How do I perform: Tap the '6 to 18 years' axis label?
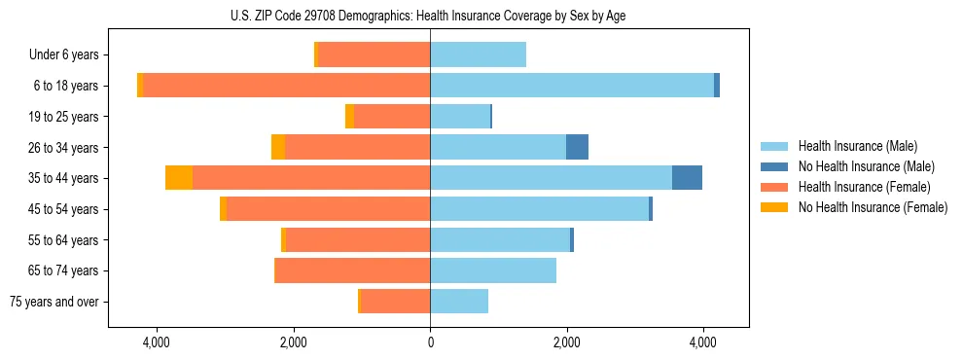pyautogui.click(x=66, y=86)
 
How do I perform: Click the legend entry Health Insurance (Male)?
pyautogui.click(x=857, y=146)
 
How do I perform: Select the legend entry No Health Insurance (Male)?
pyautogui.click(x=866, y=166)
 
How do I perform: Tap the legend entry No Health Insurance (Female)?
pyautogui.click(x=872, y=207)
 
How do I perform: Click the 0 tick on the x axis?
pyautogui.click(x=430, y=342)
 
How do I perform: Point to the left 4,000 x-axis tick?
pyautogui.click(x=157, y=342)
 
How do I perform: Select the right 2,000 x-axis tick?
pyautogui.click(x=567, y=342)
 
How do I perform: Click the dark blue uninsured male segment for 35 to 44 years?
pyautogui.click(x=687, y=178)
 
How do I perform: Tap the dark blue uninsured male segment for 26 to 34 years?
pyautogui.click(x=577, y=147)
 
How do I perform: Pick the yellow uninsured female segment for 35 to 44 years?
pyautogui.click(x=179, y=178)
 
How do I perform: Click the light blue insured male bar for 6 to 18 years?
pyautogui.click(x=572, y=86)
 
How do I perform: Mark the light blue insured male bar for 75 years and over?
pyautogui.click(x=459, y=302)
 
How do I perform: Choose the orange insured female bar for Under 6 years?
pyautogui.click(x=374, y=54)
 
